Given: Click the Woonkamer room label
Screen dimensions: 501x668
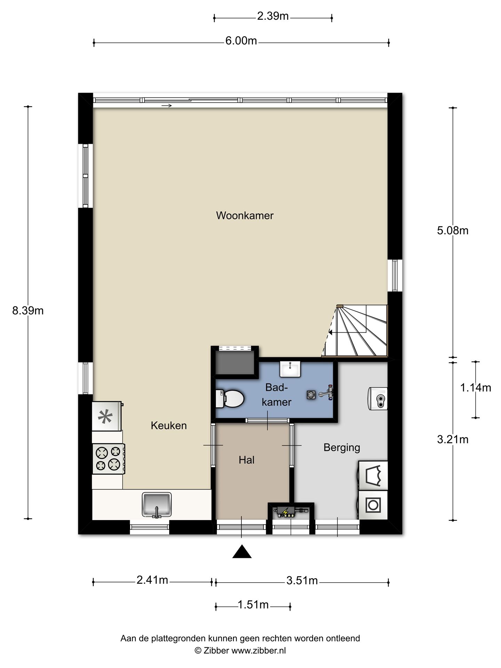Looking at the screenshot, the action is (x=245, y=216).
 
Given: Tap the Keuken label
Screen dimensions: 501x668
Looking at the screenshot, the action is (x=169, y=426).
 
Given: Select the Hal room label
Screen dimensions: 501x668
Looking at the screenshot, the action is (x=247, y=460).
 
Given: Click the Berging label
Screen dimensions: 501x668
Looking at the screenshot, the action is (x=342, y=448).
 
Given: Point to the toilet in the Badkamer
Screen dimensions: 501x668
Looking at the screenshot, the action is (x=230, y=398).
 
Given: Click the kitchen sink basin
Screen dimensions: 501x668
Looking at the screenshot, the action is (x=157, y=504).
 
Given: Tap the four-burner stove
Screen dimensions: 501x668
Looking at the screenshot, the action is (x=109, y=459).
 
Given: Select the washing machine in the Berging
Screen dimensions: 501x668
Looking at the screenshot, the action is (x=373, y=505).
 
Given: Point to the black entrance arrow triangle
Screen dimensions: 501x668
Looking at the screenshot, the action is (x=242, y=552).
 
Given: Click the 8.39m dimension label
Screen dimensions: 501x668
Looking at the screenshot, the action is (x=28, y=311).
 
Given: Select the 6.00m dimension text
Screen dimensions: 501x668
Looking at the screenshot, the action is (x=241, y=41).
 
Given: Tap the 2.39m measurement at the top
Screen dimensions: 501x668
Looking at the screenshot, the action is (x=273, y=16).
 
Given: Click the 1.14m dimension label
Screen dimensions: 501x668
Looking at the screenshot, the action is (x=476, y=388).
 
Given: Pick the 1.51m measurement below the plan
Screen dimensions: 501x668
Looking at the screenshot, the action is (x=253, y=605).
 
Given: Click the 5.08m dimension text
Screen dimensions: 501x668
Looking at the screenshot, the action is (x=453, y=231).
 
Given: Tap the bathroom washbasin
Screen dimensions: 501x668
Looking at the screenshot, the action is (x=290, y=369).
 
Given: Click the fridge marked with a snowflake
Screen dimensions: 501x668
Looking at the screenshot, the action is (x=107, y=416).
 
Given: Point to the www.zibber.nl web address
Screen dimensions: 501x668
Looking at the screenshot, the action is (x=259, y=651).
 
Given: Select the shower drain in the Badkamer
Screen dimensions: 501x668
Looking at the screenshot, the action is (x=311, y=395).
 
